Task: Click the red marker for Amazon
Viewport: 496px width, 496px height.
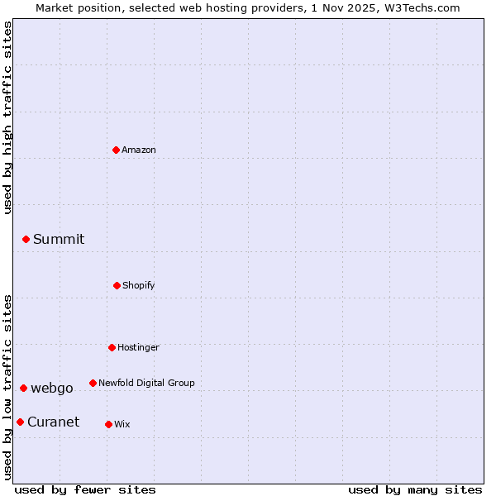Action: [x=116, y=150]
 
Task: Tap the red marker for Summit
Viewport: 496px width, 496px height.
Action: [x=26, y=239]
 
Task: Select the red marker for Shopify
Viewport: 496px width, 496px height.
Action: [x=117, y=285]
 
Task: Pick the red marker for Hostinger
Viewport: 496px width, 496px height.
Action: [x=112, y=347]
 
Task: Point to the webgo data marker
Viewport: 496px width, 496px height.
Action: [x=23, y=388]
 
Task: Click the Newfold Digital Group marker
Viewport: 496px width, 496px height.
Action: [x=93, y=383]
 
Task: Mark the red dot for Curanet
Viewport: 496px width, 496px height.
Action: [x=20, y=422]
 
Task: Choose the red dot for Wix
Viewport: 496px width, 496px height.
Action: [x=108, y=424]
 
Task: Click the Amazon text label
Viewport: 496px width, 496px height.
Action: [x=139, y=150]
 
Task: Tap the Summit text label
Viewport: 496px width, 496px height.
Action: [x=59, y=239]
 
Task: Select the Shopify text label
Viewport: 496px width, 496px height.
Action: [x=139, y=285]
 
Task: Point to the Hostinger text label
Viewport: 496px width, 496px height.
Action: [x=138, y=347]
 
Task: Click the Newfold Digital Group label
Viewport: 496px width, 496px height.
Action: [x=146, y=383]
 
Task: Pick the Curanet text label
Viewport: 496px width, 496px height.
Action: [x=53, y=422]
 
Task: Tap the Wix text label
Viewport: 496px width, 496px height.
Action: [x=122, y=424]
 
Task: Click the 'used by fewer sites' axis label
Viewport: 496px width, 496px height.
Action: [x=85, y=489]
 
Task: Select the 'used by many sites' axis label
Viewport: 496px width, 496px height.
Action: [x=415, y=489]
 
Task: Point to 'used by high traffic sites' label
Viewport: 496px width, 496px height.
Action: [x=8, y=117]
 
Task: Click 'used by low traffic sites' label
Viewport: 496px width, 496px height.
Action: [x=8, y=387]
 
